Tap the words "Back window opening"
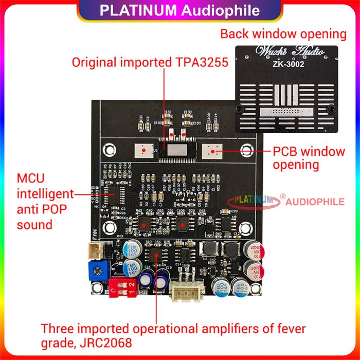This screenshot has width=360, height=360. click(283, 34)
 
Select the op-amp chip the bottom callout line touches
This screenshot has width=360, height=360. click(155, 256)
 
